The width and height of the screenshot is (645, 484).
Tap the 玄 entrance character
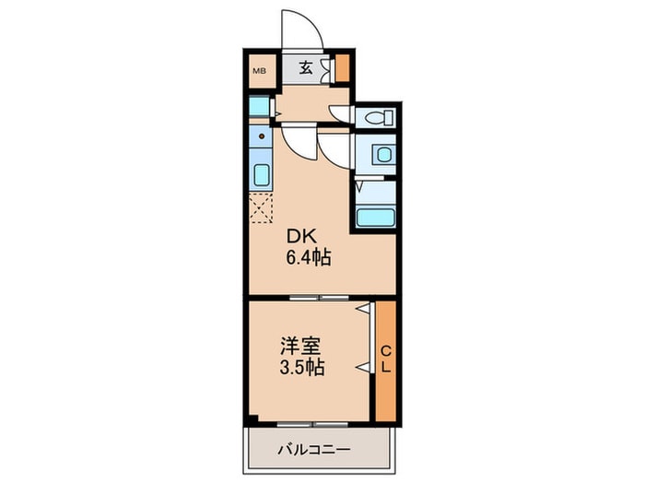pyautogui.click(x=304, y=67)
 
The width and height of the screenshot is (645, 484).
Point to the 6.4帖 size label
pyautogui.click(x=308, y=258)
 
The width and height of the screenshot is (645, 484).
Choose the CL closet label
pyautogui.click(x=385, y=360)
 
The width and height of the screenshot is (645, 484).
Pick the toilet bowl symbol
pyautogui.click(x=377, y=117)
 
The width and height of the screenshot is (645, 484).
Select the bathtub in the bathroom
pyautogui.click(x=375, y=218)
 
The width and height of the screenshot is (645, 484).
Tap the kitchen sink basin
pyautogui.click(x=260, y=175)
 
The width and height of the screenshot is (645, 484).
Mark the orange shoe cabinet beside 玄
pyautogui.click(x=342, y=68)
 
